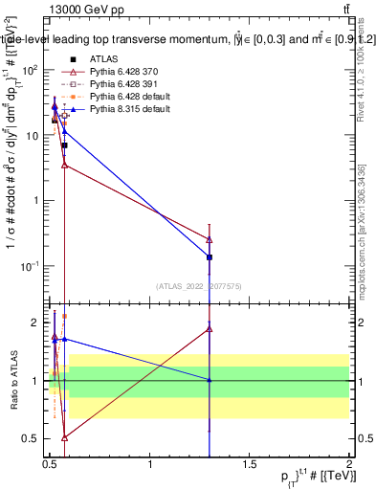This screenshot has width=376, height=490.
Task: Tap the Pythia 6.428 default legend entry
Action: tap(119, 98)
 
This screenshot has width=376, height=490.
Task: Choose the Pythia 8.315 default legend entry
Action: tap(119, 110)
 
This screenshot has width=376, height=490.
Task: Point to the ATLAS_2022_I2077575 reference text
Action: tap(198, 285)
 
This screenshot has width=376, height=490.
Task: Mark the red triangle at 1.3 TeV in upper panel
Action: tap(210, 239)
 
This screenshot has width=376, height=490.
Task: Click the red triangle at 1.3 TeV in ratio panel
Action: tap(210, 328)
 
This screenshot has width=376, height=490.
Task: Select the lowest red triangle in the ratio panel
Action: tap(64, 437)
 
